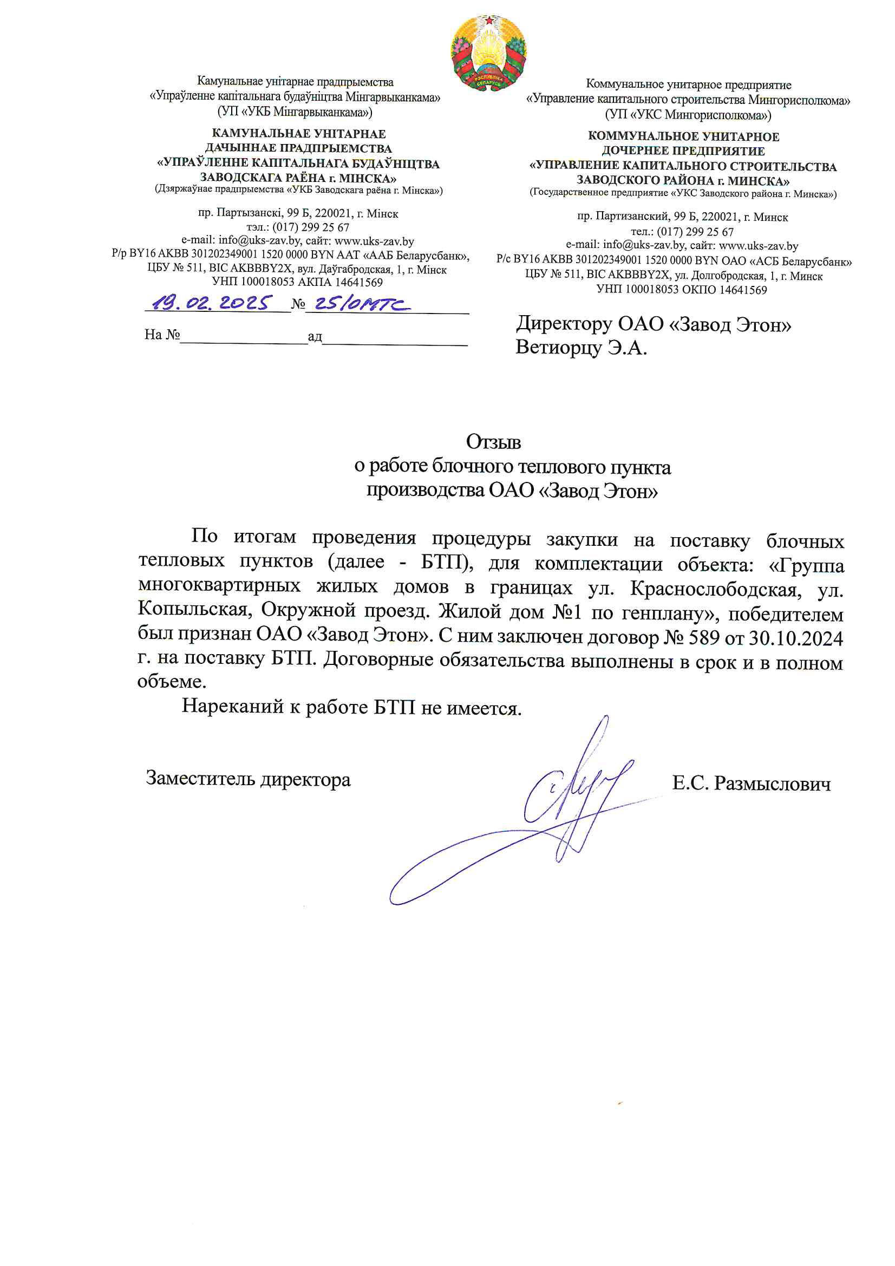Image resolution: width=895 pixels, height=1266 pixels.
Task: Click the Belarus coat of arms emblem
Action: [x=488, y=52]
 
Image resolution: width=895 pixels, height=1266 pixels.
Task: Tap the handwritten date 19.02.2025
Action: [x=212, y=303]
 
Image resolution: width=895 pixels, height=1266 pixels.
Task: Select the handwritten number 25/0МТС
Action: [x=361, y=304]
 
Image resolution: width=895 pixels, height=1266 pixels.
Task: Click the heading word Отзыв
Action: [x=493, y=442]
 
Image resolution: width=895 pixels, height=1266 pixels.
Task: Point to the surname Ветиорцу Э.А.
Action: [x=580, y=348]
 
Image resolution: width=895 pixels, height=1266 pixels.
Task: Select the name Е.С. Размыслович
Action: [x=751, y=784]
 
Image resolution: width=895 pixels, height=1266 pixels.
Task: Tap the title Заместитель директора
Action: [x=248, y=779]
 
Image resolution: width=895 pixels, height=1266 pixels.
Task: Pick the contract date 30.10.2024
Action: [x=796, y=638]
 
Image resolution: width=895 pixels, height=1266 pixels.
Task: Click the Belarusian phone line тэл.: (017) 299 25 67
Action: [x=298, y=227]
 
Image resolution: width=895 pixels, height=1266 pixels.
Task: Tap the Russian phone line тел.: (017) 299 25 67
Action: [x=682, y=232]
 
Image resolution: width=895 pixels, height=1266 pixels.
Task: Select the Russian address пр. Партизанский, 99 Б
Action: [x=638, y=217]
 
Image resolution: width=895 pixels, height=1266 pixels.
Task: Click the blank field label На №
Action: [x=162, y=334]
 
